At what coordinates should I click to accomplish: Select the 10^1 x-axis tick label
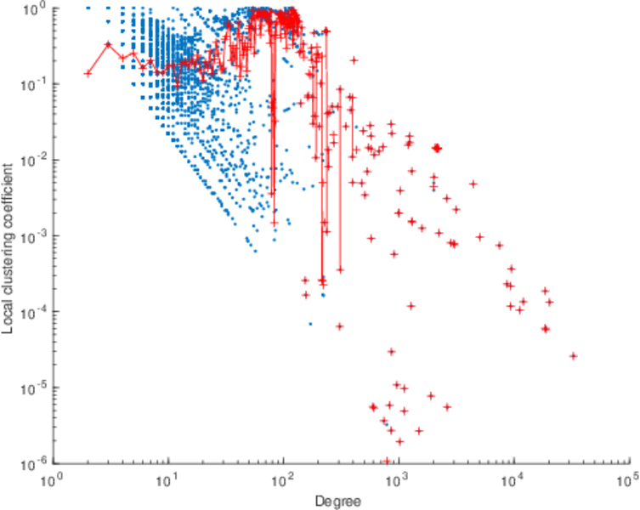pos(169,481)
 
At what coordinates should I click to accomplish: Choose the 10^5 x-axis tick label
pos(627,481)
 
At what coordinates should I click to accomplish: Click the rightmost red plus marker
pos(573,356)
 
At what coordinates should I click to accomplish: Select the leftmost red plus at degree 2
pos(88,73)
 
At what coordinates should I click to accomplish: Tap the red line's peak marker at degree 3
pos(108,44)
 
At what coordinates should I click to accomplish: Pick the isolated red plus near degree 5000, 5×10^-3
pos(473,184)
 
